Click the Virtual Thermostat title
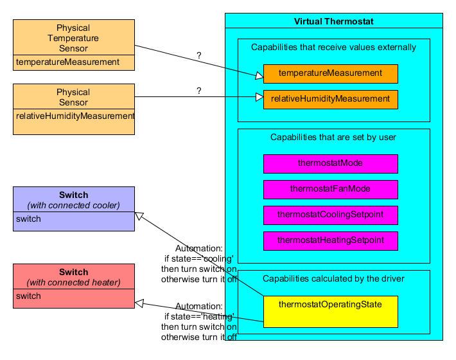(x=333, y=21)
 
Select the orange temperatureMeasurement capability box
(x=330, y=73)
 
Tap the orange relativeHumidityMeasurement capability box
(x=330, y=99)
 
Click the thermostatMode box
(x=330, y=163)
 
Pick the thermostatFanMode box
(x=330, y=189)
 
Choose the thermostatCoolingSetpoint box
(x=330, y=215)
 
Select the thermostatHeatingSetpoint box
(x=330, y=240)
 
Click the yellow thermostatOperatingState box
(x=330, y=310)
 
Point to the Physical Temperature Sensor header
(x=73, y=37)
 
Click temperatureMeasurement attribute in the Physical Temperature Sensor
(x=68, y=62)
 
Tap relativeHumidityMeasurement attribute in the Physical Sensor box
(x=75, y=116)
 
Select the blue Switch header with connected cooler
(x=73, y=200)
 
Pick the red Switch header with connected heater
(x=73, y=277)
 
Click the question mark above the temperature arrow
(x=199, y=56)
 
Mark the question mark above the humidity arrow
(x=199, y=91)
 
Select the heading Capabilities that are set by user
(x=333, y=137)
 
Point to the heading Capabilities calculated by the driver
(x=333, y=278)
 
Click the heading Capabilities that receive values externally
(x=333, y=47)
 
